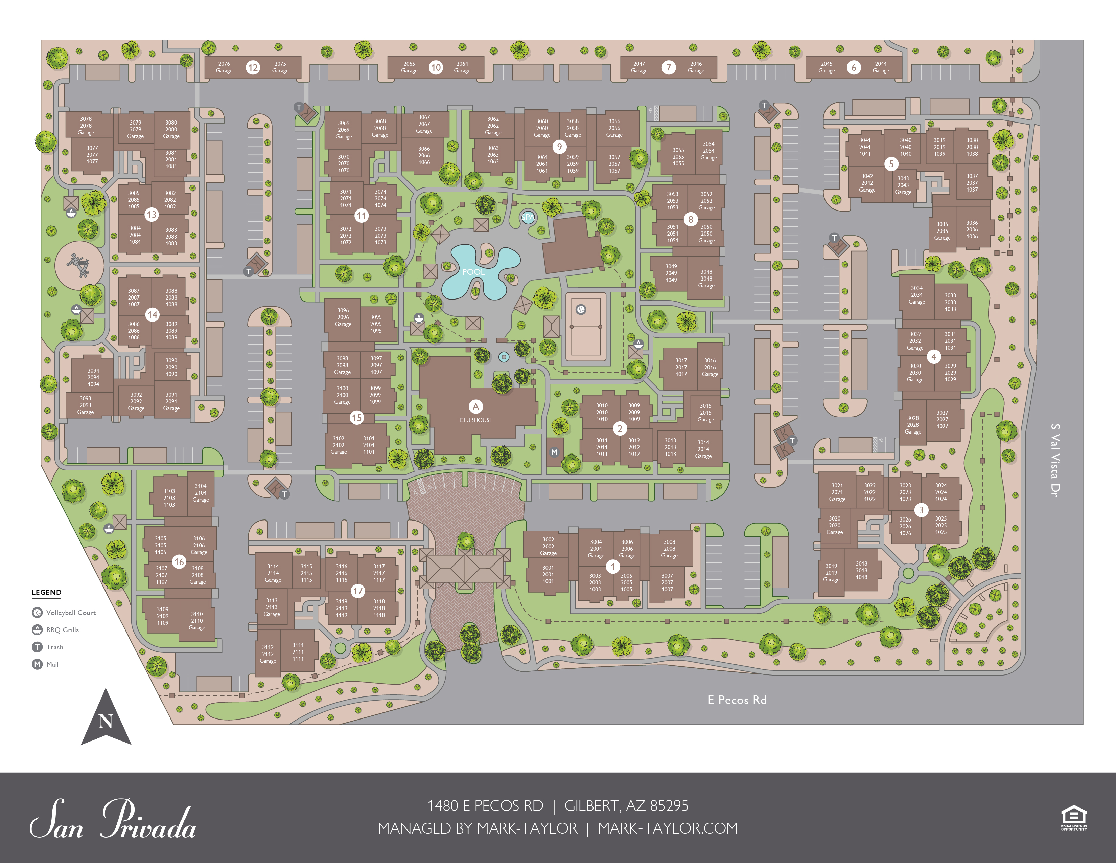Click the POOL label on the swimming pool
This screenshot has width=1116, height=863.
473,272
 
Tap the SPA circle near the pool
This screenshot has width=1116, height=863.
528,217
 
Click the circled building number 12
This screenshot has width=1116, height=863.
253,67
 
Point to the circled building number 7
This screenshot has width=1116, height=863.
668,67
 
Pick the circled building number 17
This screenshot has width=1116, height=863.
358,591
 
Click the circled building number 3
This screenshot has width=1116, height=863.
921,510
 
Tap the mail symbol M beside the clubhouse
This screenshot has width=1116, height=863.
554,452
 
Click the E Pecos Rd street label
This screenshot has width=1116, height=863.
737,700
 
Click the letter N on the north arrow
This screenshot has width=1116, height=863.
106,722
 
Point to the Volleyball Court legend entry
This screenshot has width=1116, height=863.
71,613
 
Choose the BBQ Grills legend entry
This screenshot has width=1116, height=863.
62,630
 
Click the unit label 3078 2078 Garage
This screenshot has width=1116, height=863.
86,126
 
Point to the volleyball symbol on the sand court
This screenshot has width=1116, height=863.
581,309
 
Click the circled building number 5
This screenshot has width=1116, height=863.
891,164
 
